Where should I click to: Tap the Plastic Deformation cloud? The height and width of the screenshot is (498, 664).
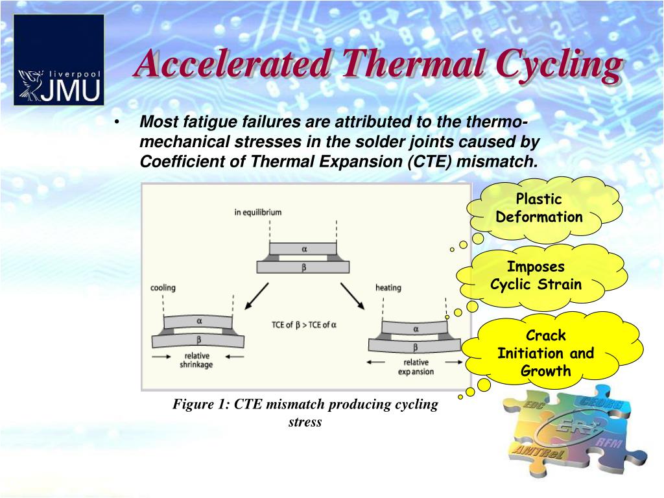coord(539,208)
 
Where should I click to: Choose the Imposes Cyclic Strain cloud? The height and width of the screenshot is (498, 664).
coord(536,276)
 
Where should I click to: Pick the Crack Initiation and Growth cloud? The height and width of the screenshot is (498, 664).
coord(545,353)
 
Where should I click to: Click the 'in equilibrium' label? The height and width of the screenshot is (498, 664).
coord(258,212)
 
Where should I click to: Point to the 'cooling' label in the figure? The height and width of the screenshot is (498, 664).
coord(163,287)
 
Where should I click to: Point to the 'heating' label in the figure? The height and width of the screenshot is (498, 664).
coord(388,287)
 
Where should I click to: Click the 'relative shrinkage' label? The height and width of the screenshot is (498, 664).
coord(196,360)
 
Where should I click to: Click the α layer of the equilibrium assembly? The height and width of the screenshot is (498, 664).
coord(303,248)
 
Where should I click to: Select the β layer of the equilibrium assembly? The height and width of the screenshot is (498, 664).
coord(303,266)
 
